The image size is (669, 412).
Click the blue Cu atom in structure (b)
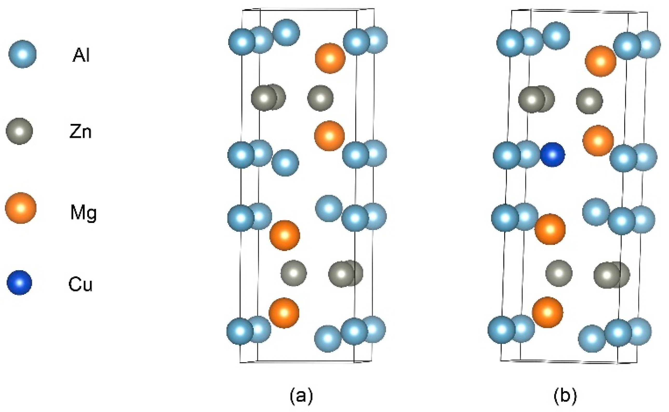point(552,154)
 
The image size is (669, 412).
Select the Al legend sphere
point(22,54)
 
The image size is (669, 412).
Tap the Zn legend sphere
point(19,131)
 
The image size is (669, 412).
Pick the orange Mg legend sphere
point(21,208)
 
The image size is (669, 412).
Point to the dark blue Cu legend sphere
point(19,282)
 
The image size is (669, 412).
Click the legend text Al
point(81,56)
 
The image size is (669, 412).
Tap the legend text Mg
point(83,213)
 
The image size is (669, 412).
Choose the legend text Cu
point(81,285)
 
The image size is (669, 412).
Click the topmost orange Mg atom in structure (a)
point(330,58)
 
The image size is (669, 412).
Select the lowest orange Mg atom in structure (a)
point(284,313)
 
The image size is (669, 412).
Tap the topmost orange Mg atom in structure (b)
point(601,61)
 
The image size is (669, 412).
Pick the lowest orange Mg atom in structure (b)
point(547,312)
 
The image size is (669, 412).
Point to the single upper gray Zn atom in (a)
point(320,98)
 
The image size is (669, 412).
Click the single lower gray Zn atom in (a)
point(293,273)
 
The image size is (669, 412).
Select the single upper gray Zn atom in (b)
point(590,101)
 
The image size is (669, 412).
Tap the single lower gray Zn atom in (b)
point(559,273)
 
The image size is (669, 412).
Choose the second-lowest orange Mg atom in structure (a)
point(285,235)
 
